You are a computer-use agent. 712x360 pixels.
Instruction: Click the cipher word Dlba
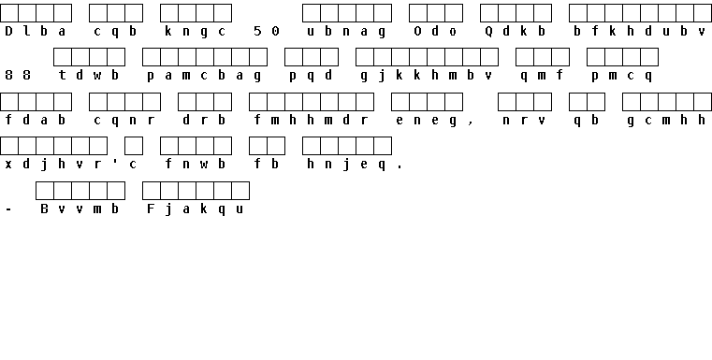36,31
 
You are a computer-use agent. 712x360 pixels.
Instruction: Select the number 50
267,31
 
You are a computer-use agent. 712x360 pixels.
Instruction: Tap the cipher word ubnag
346,31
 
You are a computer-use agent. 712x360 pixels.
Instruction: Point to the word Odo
435,31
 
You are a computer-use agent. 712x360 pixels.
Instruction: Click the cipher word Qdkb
516,31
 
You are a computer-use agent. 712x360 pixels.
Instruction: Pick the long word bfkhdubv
639,31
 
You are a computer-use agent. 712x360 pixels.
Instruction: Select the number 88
18,75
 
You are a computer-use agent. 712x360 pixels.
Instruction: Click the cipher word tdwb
89,75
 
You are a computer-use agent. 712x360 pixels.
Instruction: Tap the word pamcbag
204,76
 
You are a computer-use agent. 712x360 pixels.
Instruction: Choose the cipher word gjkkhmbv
427,76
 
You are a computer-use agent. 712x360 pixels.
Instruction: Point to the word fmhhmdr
311,121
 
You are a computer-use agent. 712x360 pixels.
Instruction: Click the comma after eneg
471,123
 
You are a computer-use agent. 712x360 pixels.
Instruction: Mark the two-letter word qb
587,122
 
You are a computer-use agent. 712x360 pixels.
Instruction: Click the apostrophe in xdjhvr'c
115,161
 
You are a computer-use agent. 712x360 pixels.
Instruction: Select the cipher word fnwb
196,164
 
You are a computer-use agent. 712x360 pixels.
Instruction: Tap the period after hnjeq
400,167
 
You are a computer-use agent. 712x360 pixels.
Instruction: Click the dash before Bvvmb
8,209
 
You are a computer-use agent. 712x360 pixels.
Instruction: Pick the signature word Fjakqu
196,209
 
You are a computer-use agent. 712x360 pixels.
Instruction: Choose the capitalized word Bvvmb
80,209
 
